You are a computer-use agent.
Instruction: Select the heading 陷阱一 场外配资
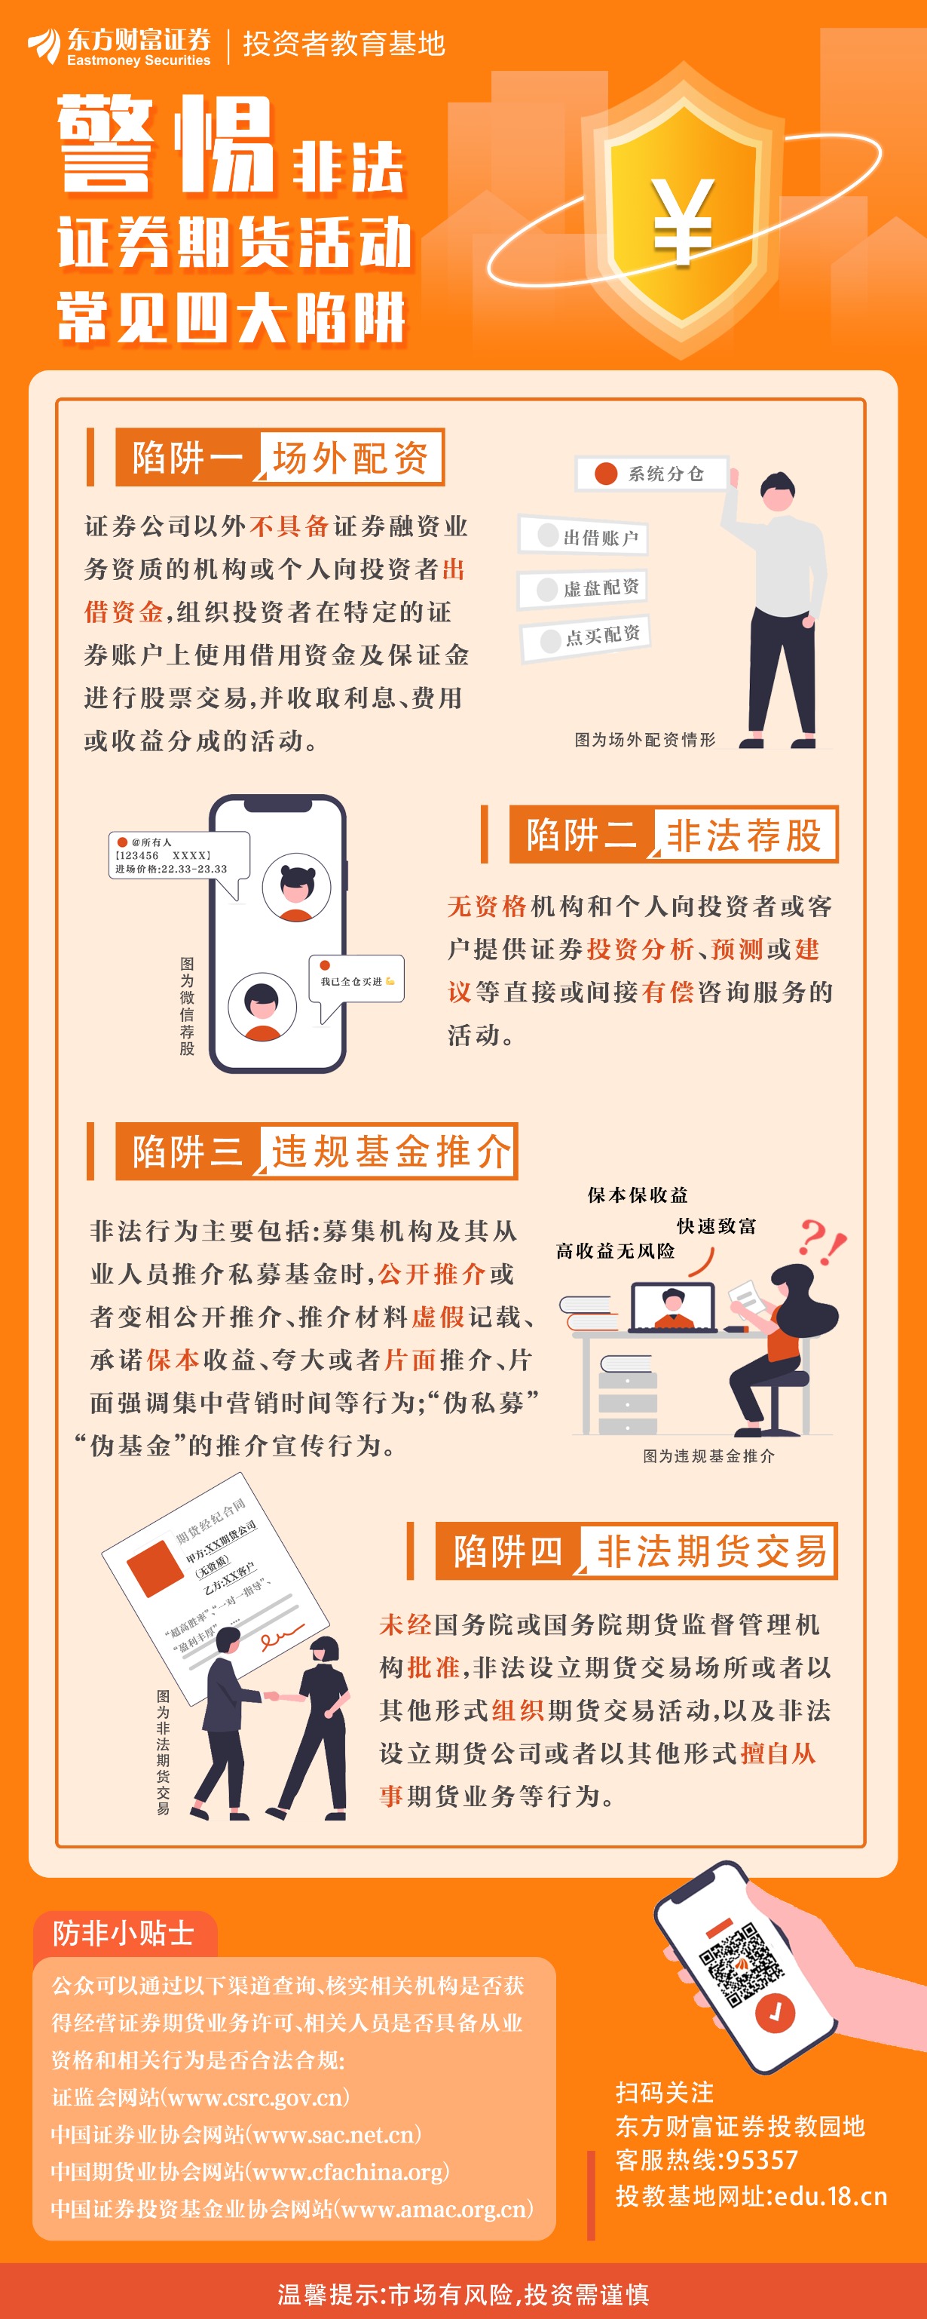pos(280,457)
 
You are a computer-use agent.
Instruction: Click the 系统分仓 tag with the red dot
pos(652,474)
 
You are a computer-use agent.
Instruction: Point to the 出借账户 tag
pos(583,536)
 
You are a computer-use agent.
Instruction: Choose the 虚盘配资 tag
pos(583,587)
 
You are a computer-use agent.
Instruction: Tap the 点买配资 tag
pos(585,638)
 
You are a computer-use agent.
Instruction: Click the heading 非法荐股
pos(743,835)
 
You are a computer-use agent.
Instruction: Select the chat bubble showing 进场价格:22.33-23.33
pos(178,859)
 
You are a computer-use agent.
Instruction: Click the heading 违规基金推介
pos(389,1152)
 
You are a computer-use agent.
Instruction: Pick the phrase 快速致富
pos(717,1226)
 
